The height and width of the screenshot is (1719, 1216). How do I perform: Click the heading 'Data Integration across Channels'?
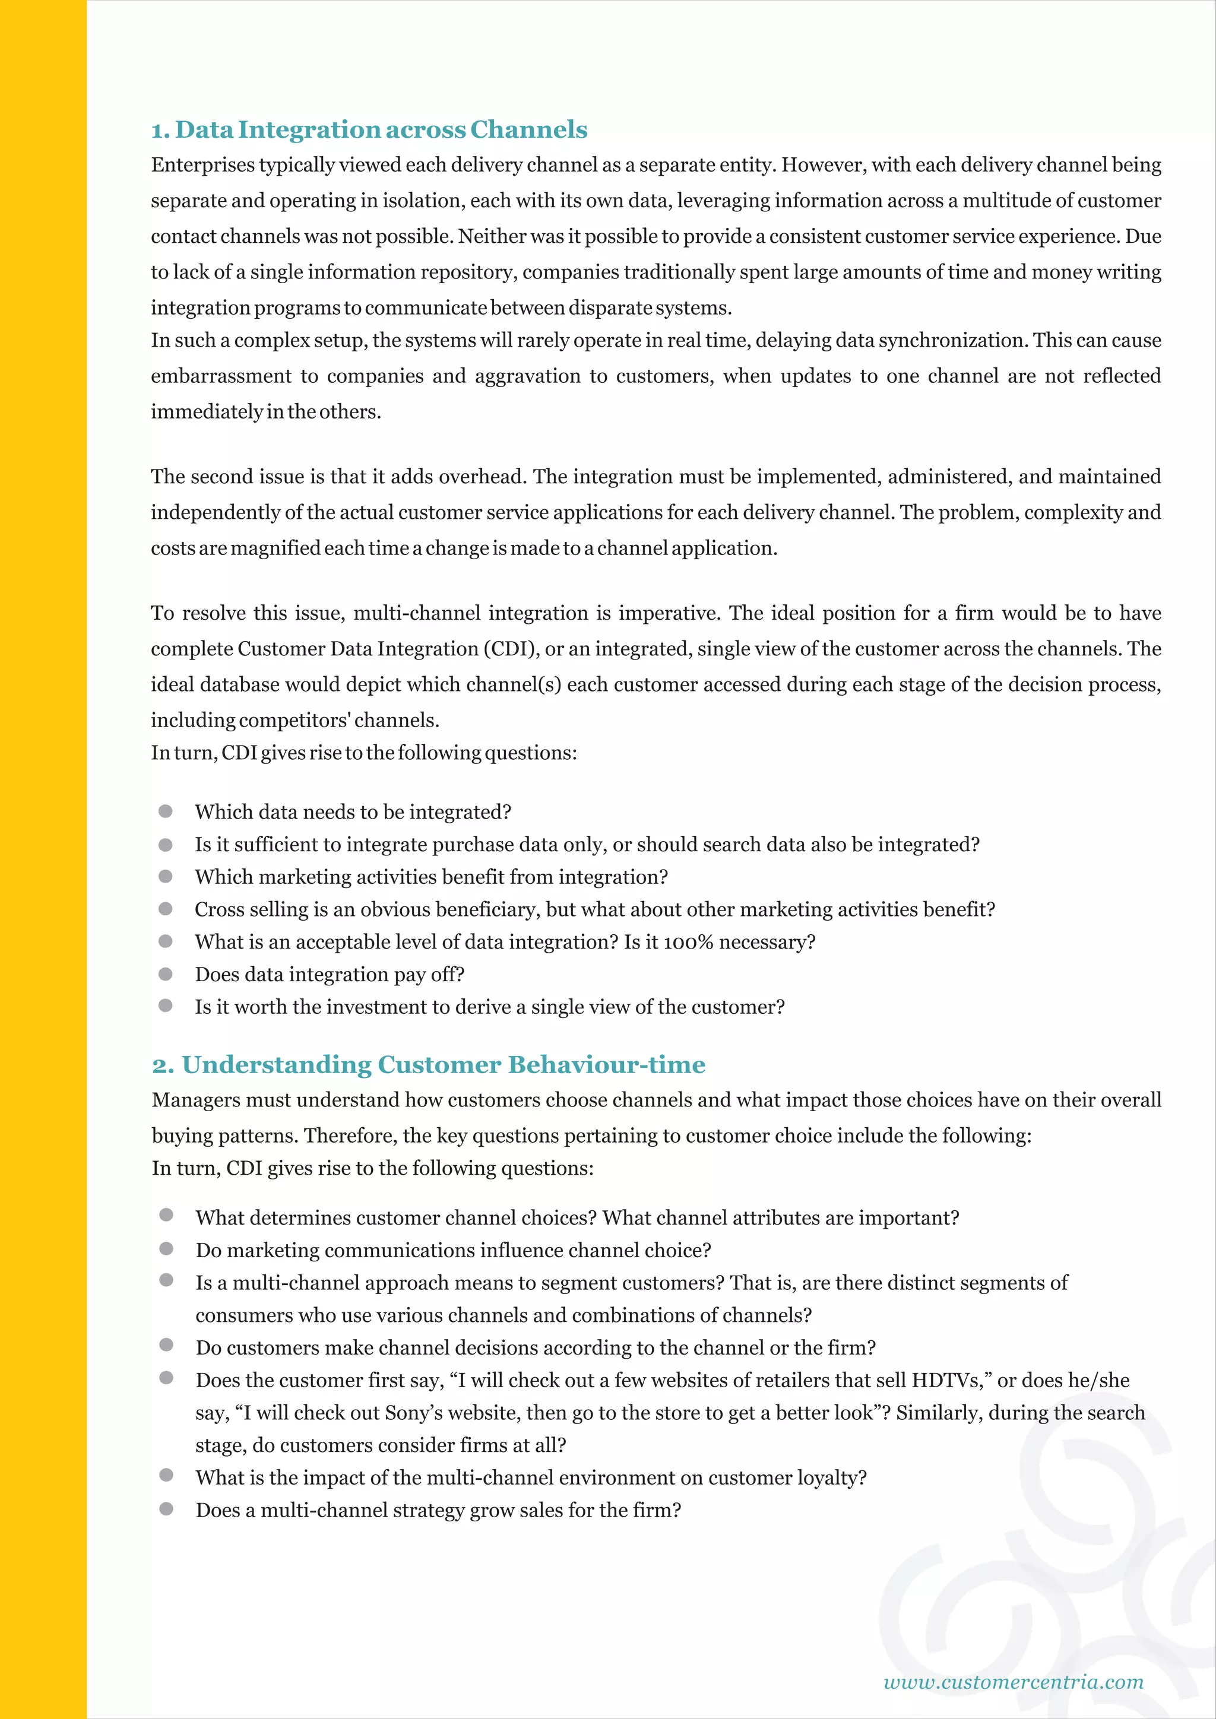(x=381, y=129)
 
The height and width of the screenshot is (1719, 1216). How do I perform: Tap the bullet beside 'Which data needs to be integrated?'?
(x=166, y=811)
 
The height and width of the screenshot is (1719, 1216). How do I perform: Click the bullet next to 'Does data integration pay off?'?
(x=166, y=974)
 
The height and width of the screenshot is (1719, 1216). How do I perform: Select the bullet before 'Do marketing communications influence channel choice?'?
(x=166, y=1249)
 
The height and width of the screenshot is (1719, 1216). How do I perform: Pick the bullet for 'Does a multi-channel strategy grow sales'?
(x=166, y=1509)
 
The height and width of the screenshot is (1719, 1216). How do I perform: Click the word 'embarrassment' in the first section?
(x=221, y=376)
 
